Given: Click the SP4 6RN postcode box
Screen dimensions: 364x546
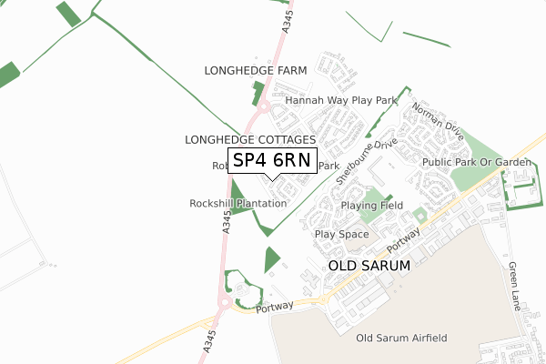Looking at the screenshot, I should pos(273,161).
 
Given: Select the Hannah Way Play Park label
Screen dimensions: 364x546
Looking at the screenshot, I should pos(342,100).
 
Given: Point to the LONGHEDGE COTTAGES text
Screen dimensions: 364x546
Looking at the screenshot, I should pos(249,140).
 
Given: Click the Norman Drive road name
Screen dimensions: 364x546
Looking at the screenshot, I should pos(438,120).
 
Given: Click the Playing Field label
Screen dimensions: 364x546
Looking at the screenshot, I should pos(371,206).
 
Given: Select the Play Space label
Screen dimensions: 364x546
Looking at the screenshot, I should pos(341,234).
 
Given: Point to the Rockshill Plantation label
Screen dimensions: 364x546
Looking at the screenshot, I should pos(238,203).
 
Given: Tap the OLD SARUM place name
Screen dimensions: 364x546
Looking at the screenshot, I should pos(369,265).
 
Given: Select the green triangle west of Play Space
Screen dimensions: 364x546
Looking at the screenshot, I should pos(271,258).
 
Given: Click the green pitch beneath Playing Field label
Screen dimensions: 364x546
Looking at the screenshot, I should pos(369,217).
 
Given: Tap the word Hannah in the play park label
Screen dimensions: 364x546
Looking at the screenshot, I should pos(304,100).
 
